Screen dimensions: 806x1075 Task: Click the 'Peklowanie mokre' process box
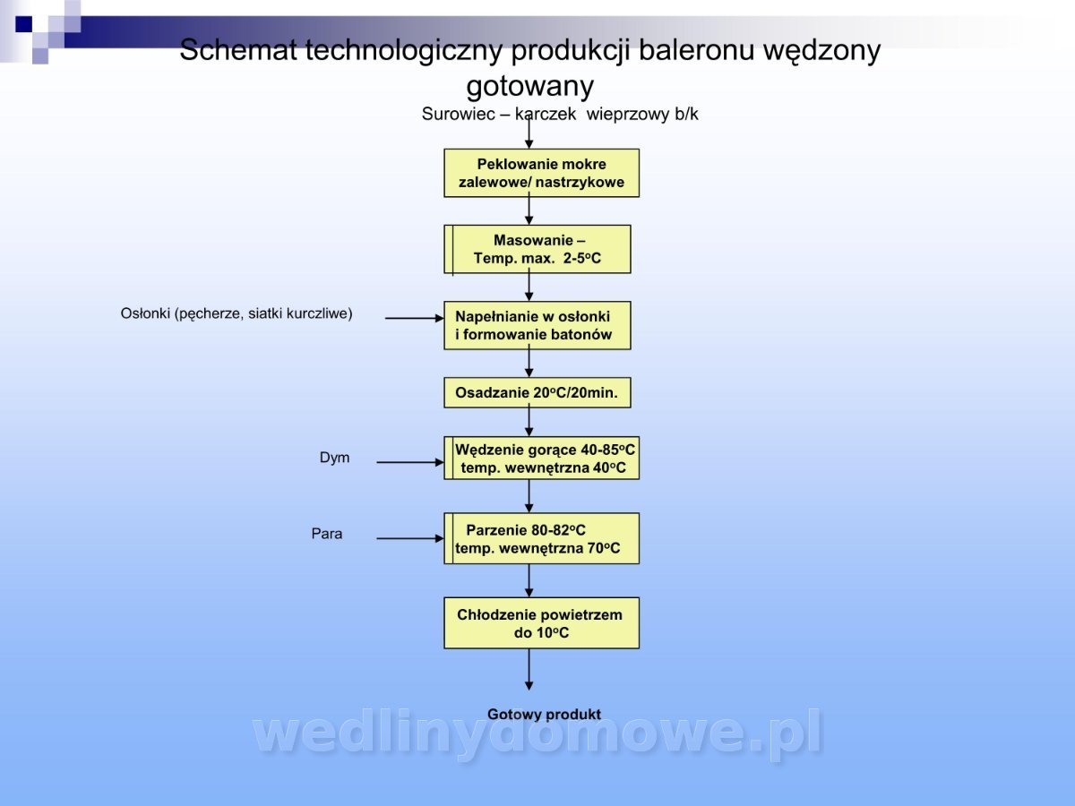tap(541, 173)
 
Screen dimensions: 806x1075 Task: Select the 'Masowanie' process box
tap(537, 249)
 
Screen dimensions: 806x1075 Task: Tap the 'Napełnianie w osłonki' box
tap(537, 325)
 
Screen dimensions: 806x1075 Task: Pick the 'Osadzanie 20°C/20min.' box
tap(537, 392)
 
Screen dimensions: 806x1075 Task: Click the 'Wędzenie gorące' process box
tap(542, 458)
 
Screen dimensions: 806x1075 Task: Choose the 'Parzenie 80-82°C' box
tap(542, 538)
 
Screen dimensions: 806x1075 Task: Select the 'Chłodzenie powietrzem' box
tap(541, 622)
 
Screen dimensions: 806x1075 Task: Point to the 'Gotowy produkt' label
tap(544, 715)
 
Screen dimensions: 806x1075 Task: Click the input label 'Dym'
tap(334, 458)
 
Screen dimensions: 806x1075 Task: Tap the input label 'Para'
tap(326, 534)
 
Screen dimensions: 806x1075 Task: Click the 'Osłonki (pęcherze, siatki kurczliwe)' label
tap(236, 313)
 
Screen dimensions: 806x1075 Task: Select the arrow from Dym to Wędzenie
tap(409, 462)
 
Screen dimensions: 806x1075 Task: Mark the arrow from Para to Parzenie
tap(409, 538)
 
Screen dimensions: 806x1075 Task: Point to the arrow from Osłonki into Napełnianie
tap(414, 318)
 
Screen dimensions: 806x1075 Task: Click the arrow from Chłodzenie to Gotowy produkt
tap(529, 668)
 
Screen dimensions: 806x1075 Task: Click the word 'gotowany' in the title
tap(529, 87)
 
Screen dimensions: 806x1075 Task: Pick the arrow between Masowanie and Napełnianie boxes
tap(529, 287)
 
